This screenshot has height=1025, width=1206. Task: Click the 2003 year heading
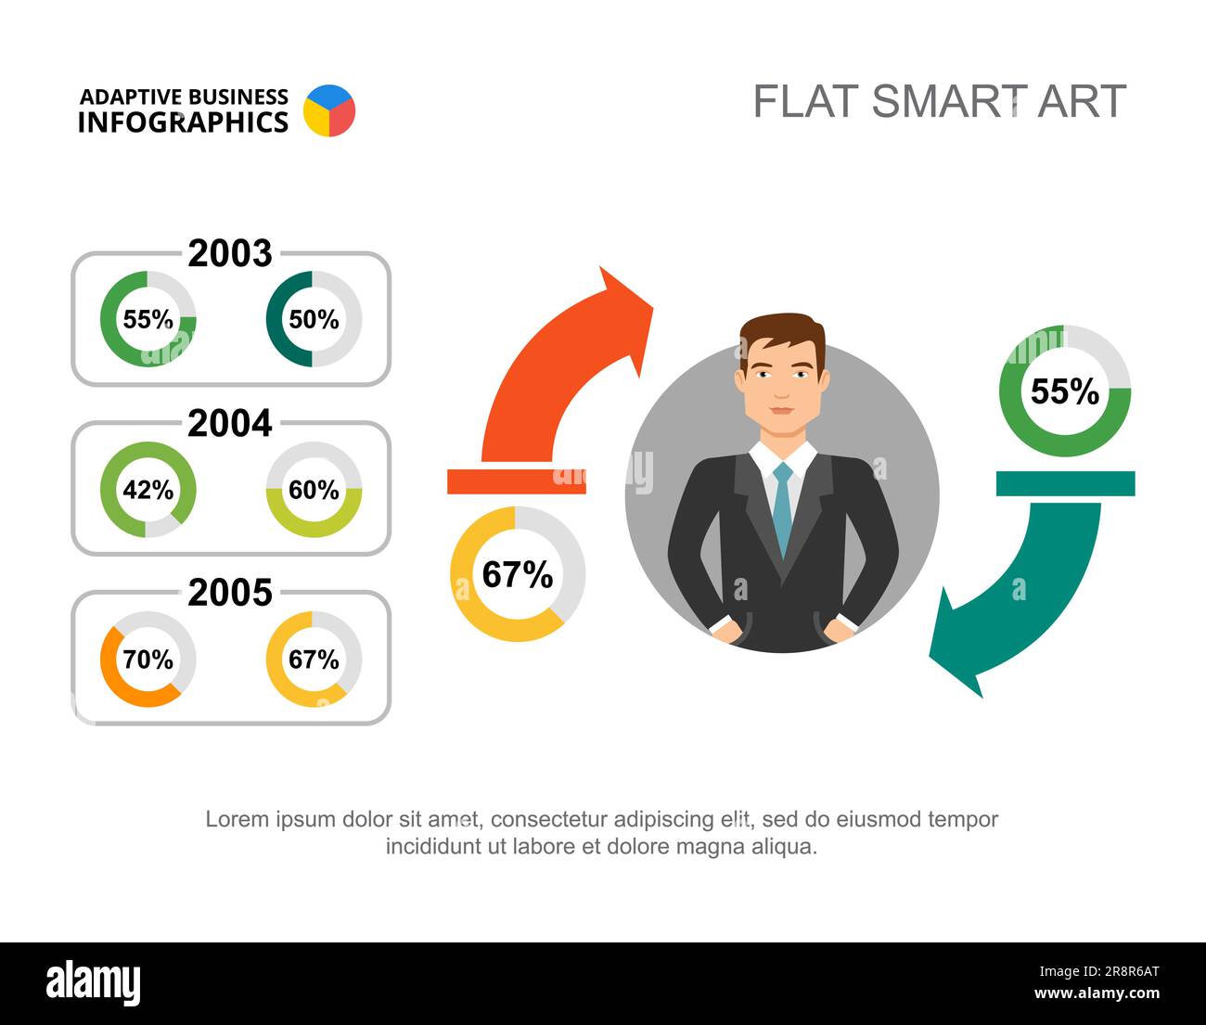pyautogui.click(x=230, y=254)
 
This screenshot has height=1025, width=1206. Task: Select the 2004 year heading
pyautogui.click(x=230, y=424)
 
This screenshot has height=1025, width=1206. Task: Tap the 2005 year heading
pyautogui.click(x=230, y=593)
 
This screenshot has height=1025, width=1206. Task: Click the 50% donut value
pyautogui.click(x=314, y=320)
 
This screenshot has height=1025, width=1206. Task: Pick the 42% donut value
pyautogui.click(x=148, y=490)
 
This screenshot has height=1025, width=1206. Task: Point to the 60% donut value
pyautogui.click(x=314, y=490)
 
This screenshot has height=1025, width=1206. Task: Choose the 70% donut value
pyautogui.click(x=148, y=660)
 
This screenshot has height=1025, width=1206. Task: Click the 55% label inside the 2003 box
pyautogui.click(x=148, y=320)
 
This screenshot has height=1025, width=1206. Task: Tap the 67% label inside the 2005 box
pyautogui.click(x=314, y=660)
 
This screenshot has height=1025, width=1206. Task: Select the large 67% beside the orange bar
pyautogui.click(x=518, y=574)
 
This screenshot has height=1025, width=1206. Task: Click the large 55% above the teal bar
pyautogui.click(x=1065, y=391)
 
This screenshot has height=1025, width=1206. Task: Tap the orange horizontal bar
pyautogui.click(x=517, y=481)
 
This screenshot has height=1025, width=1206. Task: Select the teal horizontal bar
pyautogui.click(x=1065, y=483)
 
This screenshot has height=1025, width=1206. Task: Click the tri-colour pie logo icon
pyautogui.click(x=329, y=110)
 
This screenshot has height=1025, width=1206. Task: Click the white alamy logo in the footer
pyautogui.click(x=94, y=983)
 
